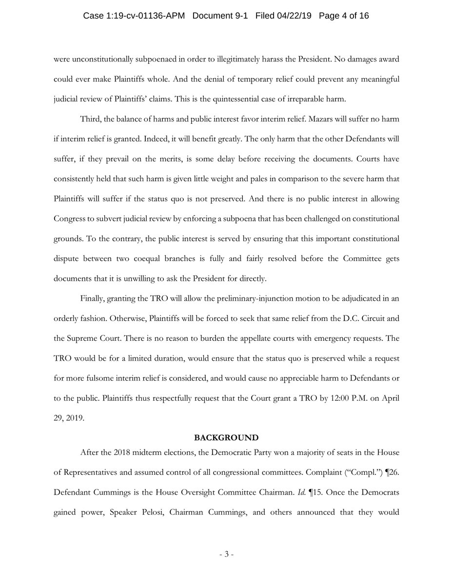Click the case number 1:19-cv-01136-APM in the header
click(135, 16)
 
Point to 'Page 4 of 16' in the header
click(344, 16)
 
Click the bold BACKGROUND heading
click(226, 437)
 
